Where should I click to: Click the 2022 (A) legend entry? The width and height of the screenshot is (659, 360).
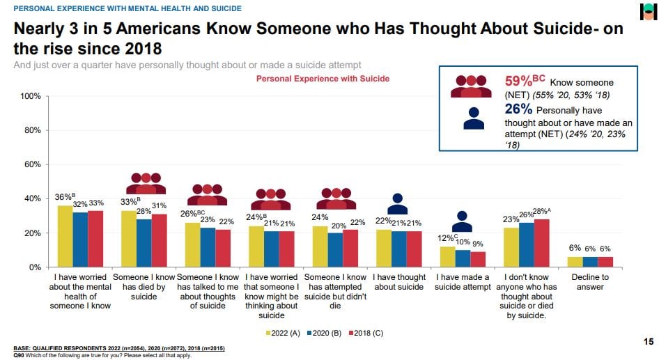[285, 332]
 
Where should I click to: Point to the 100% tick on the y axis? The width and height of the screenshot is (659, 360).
[31, 96]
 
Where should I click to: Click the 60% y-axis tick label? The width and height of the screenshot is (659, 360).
[33, 164]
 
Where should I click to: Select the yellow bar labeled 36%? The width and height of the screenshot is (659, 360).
[65, 236]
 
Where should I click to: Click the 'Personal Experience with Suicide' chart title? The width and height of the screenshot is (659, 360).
[323, 79]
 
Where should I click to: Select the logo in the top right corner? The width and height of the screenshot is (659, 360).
[648, 12]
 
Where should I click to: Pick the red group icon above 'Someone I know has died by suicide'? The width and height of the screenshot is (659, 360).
[146, 183]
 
